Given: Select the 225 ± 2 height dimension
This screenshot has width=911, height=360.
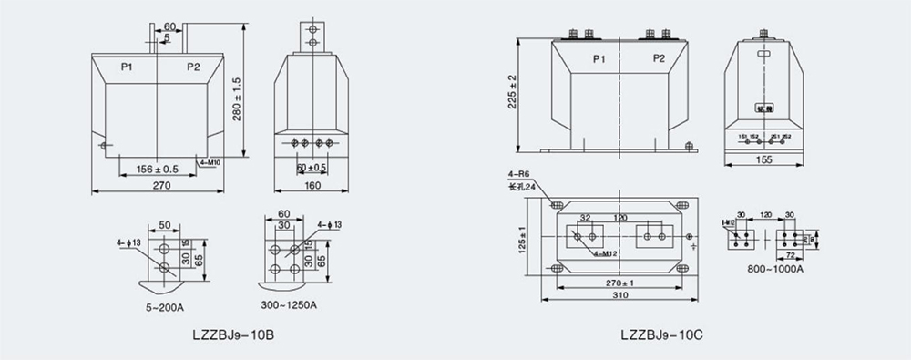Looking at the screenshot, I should tap(512, 92).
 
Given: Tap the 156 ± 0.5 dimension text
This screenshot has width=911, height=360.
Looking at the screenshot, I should tap(156, 169).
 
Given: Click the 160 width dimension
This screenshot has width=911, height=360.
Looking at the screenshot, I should tap(312, 184).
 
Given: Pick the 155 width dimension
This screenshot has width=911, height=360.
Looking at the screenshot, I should tap(763, 159).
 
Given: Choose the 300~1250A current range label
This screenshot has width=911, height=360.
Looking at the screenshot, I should tap(288, 303).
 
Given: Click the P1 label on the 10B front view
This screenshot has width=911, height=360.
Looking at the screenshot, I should tap(128, 67).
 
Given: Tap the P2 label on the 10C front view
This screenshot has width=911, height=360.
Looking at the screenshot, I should tap(659, 58).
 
